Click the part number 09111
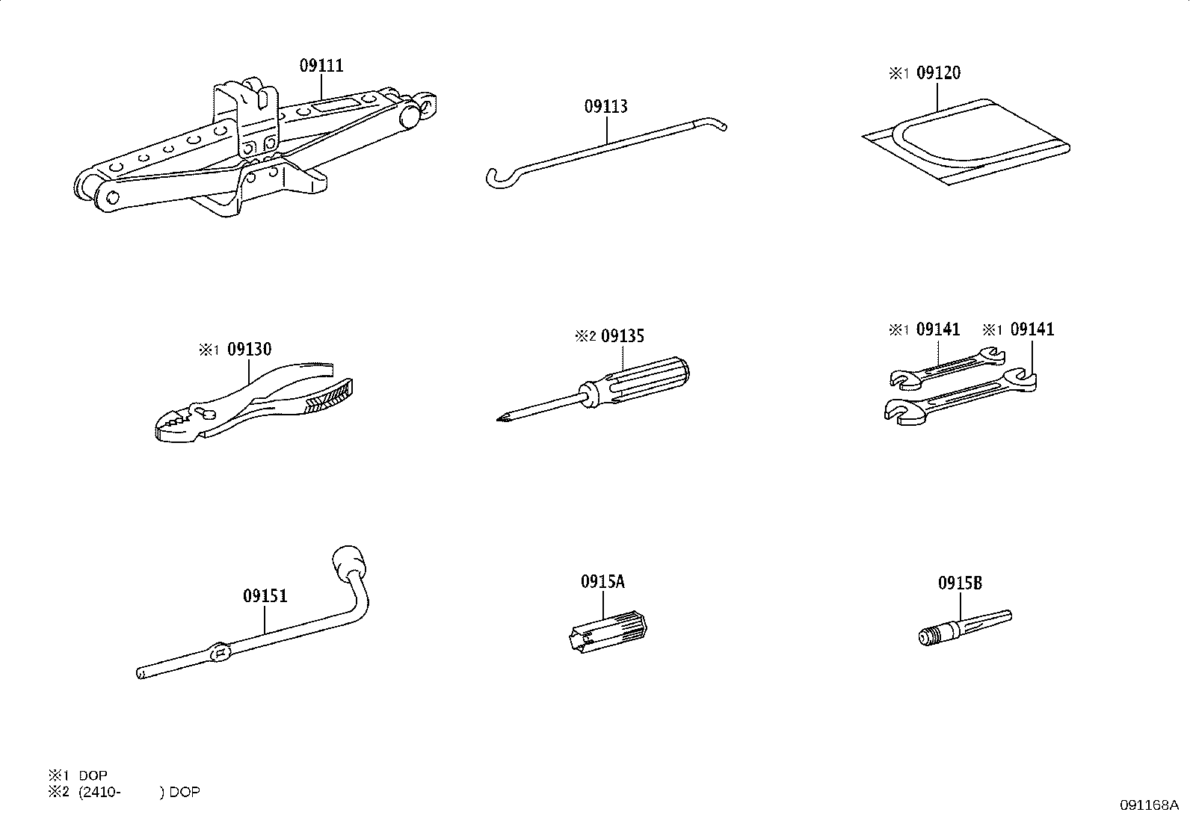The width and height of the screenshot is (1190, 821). click(321, 66)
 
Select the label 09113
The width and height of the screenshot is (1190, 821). click(605, 107)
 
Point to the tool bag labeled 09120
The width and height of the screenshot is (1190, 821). click(972, 142)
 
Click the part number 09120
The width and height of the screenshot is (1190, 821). click(938, 73)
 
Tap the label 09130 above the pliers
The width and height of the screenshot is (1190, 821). click(249, 350)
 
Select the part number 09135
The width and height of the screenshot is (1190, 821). click(622, 336)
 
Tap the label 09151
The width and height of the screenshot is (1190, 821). click(265, 597)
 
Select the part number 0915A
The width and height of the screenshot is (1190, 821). click(602, 582)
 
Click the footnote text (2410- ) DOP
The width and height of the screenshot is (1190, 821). click(138, 792)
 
